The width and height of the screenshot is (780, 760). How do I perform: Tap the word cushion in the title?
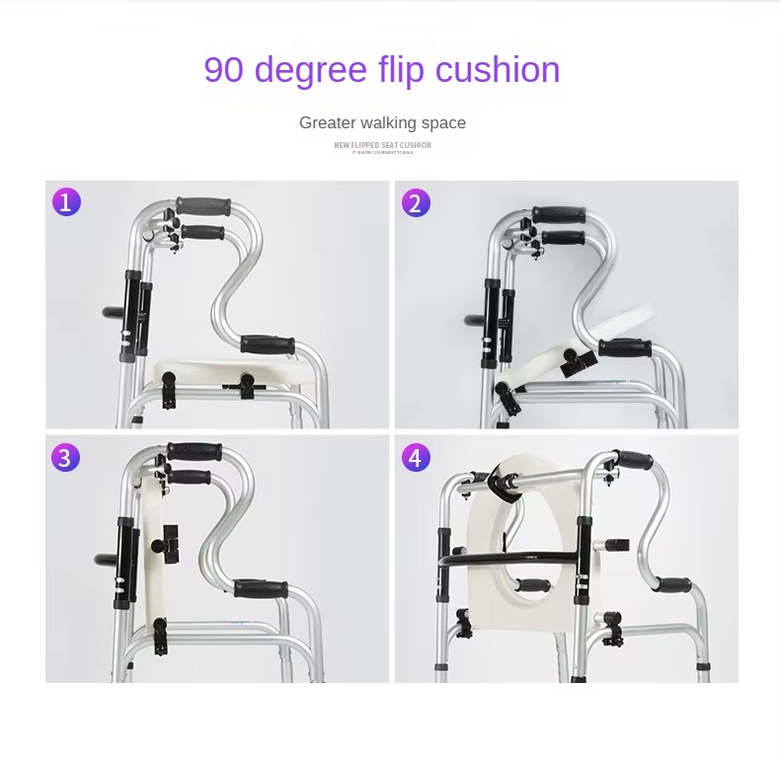tap(498, 70)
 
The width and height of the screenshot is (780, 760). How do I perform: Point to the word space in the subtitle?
tap(440, 123)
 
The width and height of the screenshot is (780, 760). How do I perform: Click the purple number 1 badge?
tap(66, 202)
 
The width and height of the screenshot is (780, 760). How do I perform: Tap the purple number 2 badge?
tap(416, 203)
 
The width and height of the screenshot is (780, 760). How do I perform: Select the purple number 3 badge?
tap(66, 458)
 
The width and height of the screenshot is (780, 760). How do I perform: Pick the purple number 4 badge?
tap(416, 458)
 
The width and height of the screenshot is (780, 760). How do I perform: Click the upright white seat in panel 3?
tap(148, 553)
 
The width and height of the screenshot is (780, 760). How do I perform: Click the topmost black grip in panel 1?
tap(203, 207)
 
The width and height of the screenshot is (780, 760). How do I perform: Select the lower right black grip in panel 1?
tap(268, 344)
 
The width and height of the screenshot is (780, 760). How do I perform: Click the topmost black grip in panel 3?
tap(194, 452)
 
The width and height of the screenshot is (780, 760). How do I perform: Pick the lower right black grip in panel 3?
tap(261, 589)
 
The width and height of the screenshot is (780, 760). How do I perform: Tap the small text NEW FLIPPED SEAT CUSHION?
tap(382, 145)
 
